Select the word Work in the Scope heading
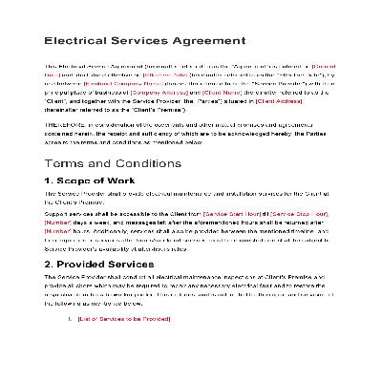(x=139, y=181)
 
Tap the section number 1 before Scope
(x=50, y=181)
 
